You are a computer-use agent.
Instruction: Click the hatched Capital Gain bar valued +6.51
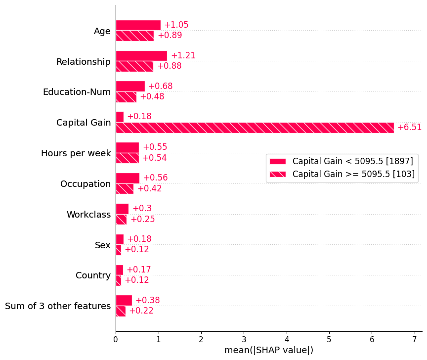coord(255,128)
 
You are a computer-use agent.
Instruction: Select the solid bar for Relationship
coord(141,56)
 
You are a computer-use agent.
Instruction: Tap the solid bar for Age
coord(138,25)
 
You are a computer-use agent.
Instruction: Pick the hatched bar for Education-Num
coord(126,97)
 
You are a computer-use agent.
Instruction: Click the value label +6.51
coord(409,128)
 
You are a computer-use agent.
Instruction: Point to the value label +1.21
coord(183,56)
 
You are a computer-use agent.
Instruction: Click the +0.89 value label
coord(170,36)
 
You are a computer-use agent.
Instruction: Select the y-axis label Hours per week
coord(76,153)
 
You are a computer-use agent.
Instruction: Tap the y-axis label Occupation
coord(85,184)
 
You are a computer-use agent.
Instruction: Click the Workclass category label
coord(88,215)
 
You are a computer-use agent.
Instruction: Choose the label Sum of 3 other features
coord(58,306)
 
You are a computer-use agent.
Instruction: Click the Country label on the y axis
coord(93,275)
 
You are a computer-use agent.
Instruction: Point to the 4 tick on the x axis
coord(286,340)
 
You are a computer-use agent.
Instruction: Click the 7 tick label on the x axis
coord(414,340)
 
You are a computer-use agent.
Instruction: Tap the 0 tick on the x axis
coord(116,340)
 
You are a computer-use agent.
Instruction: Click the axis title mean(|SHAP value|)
coord(269,350)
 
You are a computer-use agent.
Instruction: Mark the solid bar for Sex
coord(120,239)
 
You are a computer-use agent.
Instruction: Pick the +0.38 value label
coord(147,301)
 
